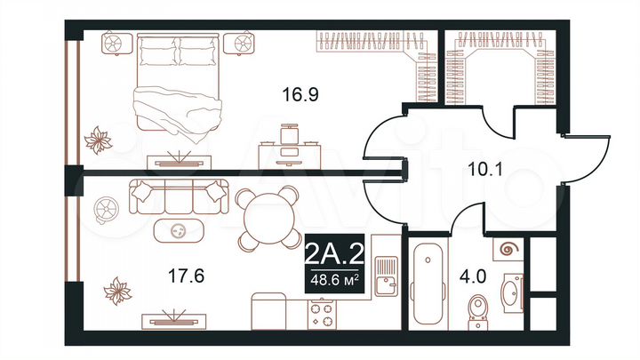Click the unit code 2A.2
click(x=333, y=255)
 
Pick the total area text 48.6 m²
click(x=333, y=280)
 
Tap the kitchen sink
click(x=385, y=275)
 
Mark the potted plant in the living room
click(x=116, y=290)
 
